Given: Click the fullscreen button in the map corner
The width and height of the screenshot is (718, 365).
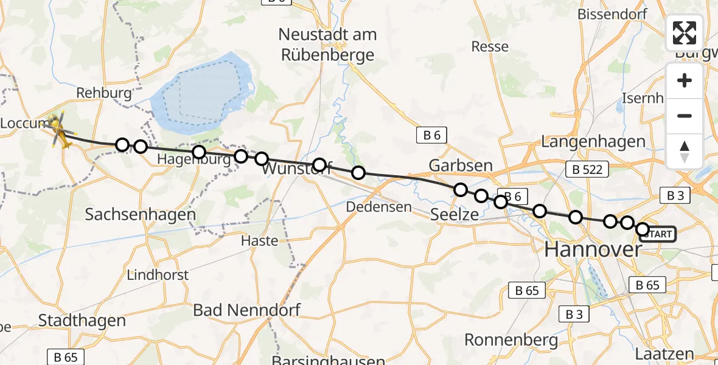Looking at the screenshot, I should tap(685, 32).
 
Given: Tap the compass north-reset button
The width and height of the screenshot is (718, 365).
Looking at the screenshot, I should tap(685, 151).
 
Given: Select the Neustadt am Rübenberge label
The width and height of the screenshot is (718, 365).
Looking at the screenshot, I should tap(328, 44).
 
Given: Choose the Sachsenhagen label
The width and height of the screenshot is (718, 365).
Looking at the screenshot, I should tap(141, 214).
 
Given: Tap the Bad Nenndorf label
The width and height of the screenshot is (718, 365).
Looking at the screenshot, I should tap(246, 310).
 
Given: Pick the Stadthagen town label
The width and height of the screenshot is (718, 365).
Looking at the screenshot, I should tap(82, 320).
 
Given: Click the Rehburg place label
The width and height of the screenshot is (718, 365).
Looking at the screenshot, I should tap(104, 93).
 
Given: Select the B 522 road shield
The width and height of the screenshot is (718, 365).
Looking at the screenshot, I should tap(587, 169).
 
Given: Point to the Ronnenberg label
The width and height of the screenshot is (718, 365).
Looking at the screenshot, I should tap(511, 339).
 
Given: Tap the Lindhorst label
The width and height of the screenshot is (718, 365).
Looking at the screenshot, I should tap(158, 275).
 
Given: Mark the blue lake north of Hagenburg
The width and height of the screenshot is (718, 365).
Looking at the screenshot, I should tap(201, 91).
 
